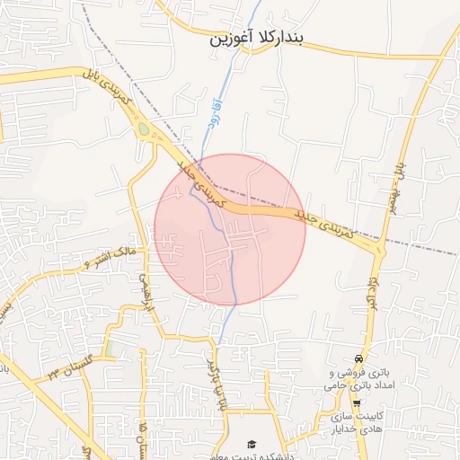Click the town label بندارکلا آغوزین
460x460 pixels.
[x=258, y=40]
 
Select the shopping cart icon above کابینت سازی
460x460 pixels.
[x=357, y=402]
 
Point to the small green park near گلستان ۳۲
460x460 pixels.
[x=109, y=346]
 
